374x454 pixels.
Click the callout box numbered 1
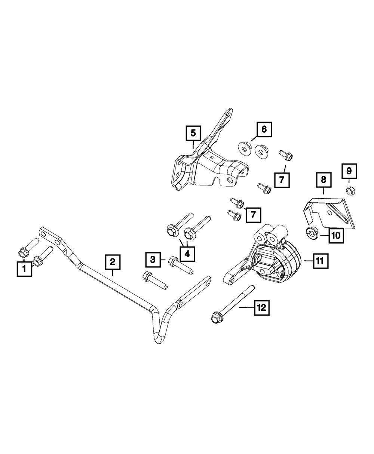click(x=24, y=269)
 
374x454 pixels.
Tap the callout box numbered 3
click(x=153, y=258)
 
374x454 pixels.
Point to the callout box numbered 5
click(x=193, y=133)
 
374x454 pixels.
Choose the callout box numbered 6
click(x=264, y=129)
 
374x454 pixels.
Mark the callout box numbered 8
click(x=324, y=180)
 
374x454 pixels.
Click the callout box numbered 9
click(x=349, y=171)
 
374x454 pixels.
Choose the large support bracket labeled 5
click(x=209, y=161)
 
